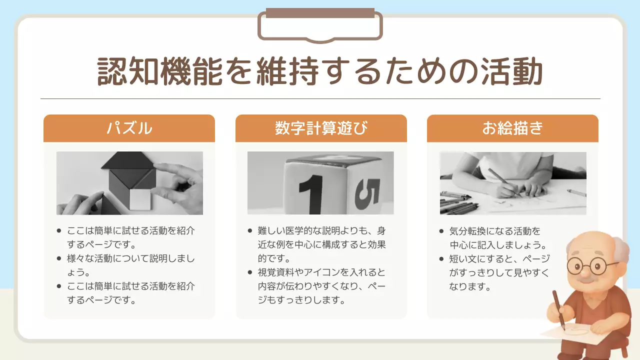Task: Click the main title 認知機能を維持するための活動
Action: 319,71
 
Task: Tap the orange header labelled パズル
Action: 129,128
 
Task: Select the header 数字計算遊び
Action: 321,128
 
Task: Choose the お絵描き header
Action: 512,128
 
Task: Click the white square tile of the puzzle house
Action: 140,199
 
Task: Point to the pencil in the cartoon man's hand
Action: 559,309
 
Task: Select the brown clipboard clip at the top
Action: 320,25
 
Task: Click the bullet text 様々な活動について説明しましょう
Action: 131,265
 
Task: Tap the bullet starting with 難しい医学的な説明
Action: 321,244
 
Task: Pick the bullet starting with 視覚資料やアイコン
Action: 321,286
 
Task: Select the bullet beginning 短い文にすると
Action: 499,272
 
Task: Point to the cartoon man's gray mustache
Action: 585,279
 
